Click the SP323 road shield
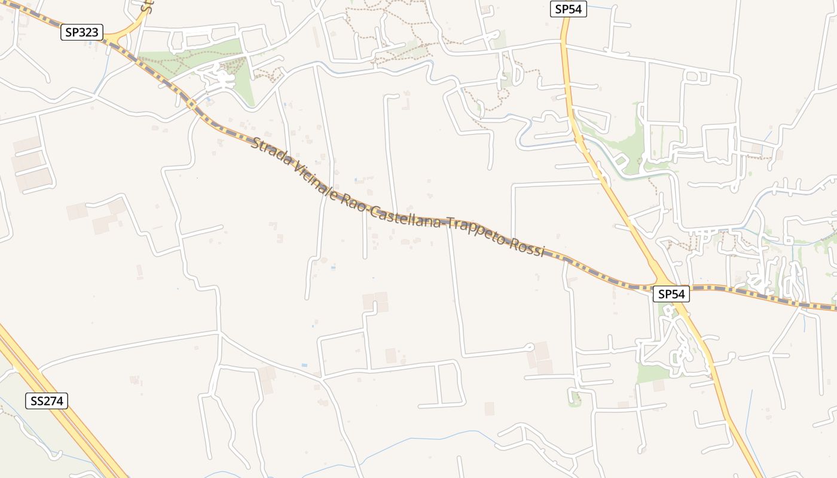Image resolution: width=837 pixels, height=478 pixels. tap(82, 32)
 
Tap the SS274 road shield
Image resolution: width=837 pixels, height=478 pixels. tap(47, 401)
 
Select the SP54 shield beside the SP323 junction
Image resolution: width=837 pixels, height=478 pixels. tap(671, 294)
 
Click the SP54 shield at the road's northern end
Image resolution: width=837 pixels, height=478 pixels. tap(568, 9)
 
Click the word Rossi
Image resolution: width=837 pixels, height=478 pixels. tap(527, 247)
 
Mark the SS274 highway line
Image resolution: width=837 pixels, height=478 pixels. tap(60, 418)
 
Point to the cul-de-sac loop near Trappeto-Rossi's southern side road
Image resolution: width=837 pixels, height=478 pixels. tap(529, 347)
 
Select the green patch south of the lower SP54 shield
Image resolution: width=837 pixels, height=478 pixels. tap(652, 373)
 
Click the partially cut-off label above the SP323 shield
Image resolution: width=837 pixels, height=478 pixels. tap(145, 7)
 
